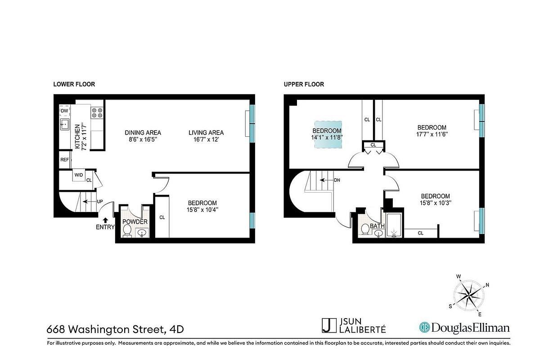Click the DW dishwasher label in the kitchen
pos(64,111)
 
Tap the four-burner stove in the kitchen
pos(97,113)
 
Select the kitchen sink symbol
pos(64,124)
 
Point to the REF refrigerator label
pos(64,160)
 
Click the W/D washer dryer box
pos(79,175)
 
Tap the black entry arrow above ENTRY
pos(105,220)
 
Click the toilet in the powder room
pos(127,231)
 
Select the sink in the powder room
pos(142,233)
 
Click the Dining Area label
pos(143,133)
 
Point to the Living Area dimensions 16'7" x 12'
pos(206,139)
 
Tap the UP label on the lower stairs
pos(100,201)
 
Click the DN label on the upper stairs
pos(337,180)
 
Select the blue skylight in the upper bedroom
pos(328,135)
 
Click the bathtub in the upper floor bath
pos(394,225)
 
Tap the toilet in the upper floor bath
pos(365,229)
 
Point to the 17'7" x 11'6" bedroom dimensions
pos(432,134)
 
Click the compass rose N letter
pos(487,285)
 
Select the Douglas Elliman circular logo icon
pos(424,327)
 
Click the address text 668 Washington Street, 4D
pos(115,329)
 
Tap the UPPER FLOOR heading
pos(304,84)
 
